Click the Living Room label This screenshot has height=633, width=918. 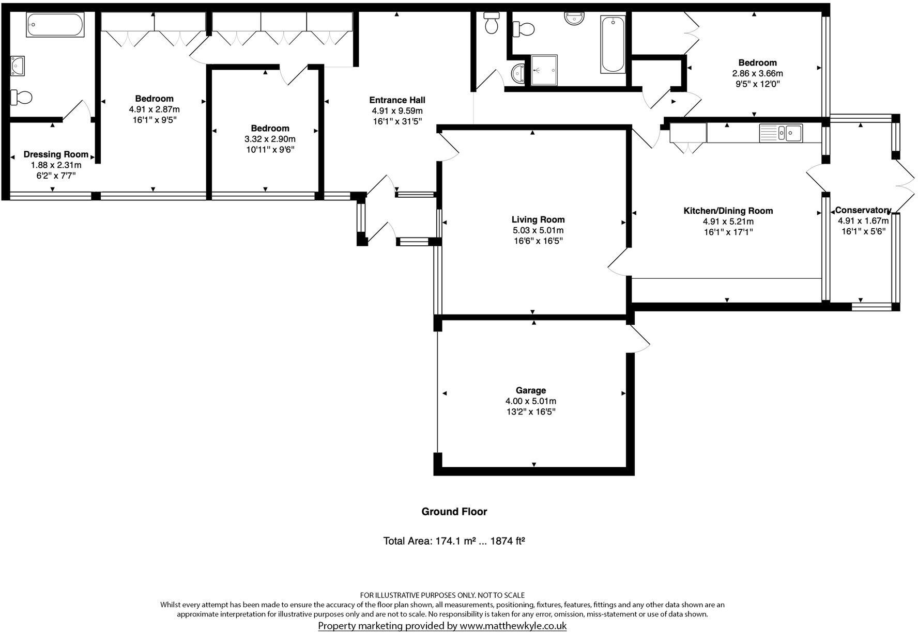(x=538, y=219)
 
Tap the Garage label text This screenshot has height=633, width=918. (x=530, y=390)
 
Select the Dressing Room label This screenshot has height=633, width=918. (x=56, y=154)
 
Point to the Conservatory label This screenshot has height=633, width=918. (x=863, y=210)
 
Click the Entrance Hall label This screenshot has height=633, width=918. (x=397, y=100)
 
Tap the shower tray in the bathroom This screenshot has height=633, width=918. (x=544, y=70)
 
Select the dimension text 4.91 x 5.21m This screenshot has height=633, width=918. (x=728, y=221)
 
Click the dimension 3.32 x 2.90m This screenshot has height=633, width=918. (x=270, y=139)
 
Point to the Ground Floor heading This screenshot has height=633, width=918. (x=454, y=512)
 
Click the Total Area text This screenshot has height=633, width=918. (x=454, y=541)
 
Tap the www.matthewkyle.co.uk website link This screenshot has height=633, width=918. (x=513, y=626)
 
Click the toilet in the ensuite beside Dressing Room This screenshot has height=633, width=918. (x=22, y=97)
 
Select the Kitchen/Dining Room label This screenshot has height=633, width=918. (x=728, y=211)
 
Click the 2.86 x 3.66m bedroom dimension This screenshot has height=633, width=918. (x=757, y=74)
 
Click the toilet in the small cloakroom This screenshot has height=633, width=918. (x=491, y=24)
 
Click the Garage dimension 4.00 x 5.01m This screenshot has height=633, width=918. (x=530, y=401)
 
